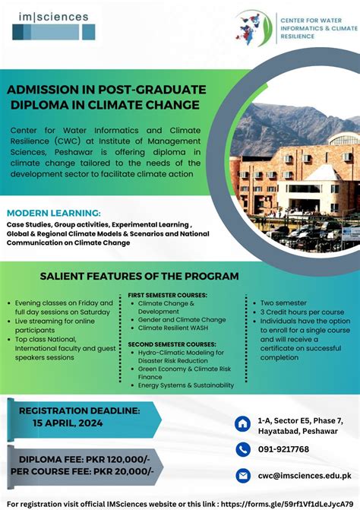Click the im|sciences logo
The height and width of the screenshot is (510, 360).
55,24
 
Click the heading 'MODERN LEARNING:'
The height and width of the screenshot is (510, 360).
53,213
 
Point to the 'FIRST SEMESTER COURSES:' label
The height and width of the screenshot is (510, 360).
167,294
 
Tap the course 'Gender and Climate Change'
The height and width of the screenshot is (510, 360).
182,320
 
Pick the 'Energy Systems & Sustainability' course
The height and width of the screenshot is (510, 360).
186,386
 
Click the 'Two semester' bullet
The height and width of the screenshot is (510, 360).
285,303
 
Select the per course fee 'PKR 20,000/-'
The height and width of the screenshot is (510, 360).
123,471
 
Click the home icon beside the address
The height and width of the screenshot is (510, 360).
243,423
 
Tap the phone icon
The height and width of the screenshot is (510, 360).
243,449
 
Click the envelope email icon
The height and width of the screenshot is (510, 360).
243,475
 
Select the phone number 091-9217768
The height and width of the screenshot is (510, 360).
283,449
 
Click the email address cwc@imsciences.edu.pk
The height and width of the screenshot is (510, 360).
304,475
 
